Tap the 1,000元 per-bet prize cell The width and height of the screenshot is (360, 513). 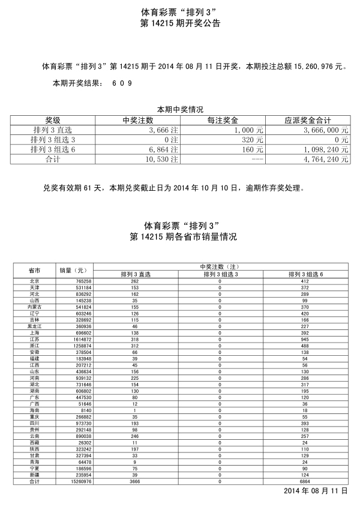point(248,130)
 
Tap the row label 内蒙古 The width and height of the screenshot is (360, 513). point(34,307)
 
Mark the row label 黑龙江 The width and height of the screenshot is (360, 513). point(34,326)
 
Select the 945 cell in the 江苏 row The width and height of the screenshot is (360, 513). point(305,339)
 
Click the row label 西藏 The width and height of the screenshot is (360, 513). point(34,443)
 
